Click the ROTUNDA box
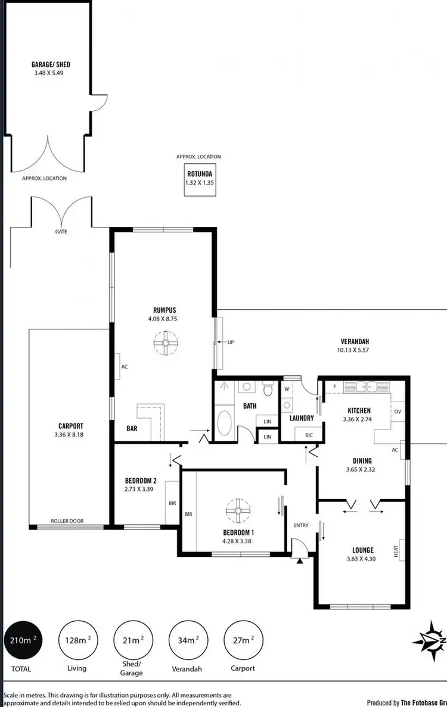[200, 179]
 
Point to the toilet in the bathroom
[268, 390]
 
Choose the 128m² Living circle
[77, 640]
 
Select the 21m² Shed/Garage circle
[132, 640]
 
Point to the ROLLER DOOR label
[67, 521]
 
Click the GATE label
[61, 232]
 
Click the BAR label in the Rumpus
[133, 428]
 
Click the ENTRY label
[302, 525]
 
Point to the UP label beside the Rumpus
[230, 342]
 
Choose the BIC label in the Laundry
[309, 434]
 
